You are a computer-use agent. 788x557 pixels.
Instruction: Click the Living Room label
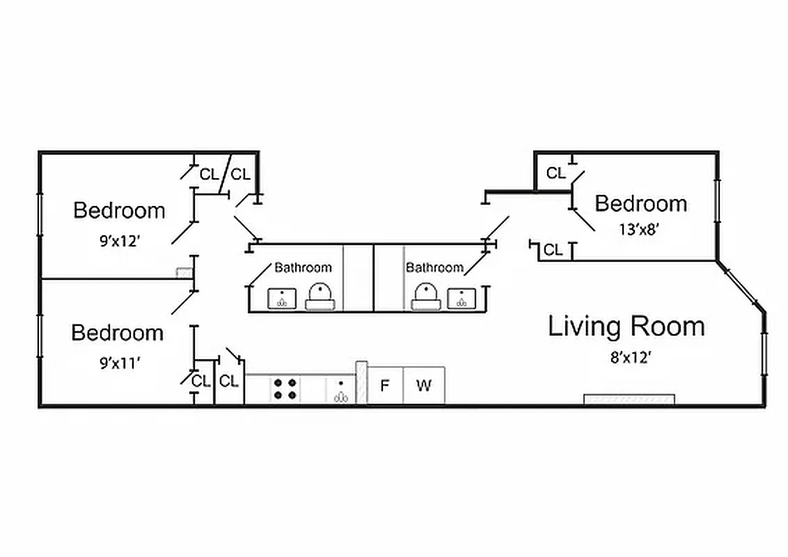click(626, 326)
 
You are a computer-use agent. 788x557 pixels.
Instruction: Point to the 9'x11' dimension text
click(118, 362)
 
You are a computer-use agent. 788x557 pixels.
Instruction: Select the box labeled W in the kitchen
click(424, 385)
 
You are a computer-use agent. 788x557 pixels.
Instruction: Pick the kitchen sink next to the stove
click(340, 391)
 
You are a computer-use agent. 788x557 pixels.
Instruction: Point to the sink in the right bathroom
click(461, 298)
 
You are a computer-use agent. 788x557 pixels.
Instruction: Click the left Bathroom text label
click(303, 267)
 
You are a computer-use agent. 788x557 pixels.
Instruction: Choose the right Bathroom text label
click(434, 267)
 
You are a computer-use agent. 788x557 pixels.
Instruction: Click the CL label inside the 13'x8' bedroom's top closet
click(556, 173)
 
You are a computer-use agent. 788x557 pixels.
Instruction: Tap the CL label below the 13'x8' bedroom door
click(553, 250)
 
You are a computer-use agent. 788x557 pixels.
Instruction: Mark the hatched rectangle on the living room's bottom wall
click(629, 399)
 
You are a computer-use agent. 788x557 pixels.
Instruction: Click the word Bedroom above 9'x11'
click(118, 333)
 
